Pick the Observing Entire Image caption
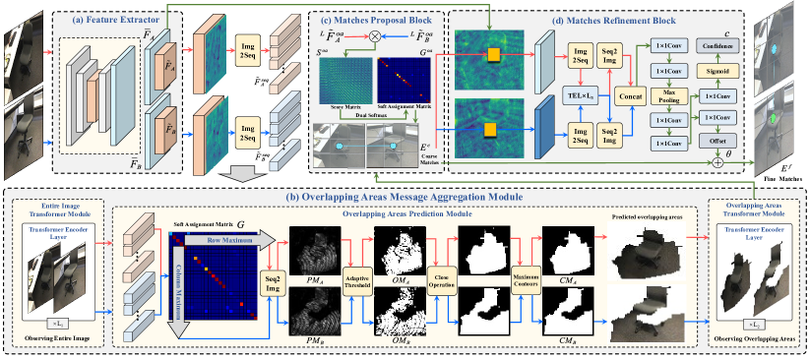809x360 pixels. (x=66, y=339)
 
